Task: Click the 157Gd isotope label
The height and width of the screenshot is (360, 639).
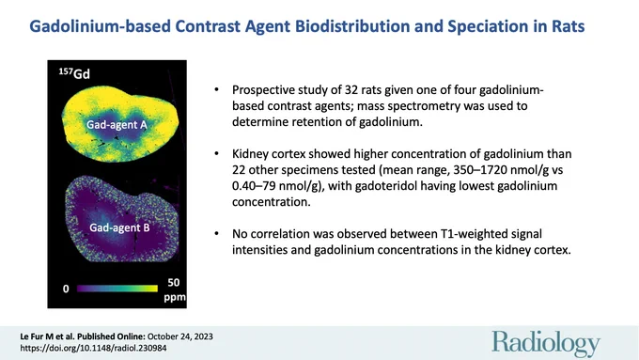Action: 74,74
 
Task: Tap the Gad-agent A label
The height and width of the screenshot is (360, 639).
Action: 117,125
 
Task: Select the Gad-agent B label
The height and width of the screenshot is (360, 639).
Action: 119,227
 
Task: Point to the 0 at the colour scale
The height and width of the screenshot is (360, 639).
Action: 66,290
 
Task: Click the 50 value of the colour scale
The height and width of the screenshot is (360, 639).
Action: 174,283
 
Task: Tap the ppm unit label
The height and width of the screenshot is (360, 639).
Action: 175,297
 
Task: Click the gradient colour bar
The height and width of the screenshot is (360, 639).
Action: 117,289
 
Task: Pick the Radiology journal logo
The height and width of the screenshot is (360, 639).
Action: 546,344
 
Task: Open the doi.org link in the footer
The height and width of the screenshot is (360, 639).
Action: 93,348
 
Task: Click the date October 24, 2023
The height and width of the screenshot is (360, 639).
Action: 180,337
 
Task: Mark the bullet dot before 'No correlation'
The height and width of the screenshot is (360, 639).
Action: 217,234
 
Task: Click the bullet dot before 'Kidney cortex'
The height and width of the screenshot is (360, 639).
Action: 217,154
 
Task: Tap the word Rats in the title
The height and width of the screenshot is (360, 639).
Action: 569,26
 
